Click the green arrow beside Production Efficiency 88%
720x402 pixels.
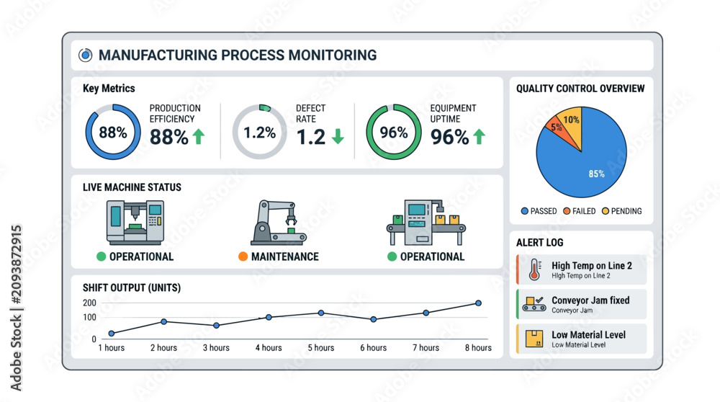(199, 136)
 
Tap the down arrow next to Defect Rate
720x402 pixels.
(338, 136)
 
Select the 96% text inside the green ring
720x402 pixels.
(394, 133)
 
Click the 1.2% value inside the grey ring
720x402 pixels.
(259, 133)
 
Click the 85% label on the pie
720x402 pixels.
(596, 174)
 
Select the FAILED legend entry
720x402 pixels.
(580, 211)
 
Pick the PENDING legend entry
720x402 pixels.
(622, 211)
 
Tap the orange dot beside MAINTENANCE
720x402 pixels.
(243, 256)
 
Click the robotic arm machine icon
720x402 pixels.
(278, 223)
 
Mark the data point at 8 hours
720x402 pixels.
(479, 303)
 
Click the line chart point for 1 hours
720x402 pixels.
(112, 334)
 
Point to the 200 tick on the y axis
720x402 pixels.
(89, 303)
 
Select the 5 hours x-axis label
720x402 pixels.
(321, 348)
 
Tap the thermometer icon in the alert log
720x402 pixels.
(534, 269)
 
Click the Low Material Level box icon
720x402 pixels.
(534, 339)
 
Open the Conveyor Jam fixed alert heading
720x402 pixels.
(590, 300)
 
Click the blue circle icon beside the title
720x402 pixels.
(85, 55)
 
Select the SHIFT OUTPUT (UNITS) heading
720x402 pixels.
(132, 287)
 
